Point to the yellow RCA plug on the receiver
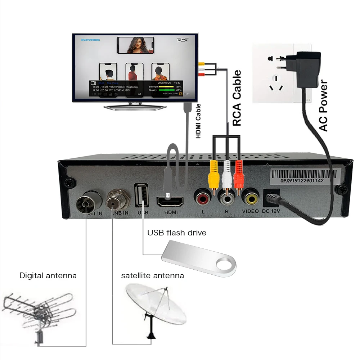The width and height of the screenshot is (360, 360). point(213,175)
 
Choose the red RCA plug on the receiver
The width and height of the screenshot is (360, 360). point(239,175)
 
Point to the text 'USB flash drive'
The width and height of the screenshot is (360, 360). point(176,233)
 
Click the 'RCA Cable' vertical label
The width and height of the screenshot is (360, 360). point(237,98)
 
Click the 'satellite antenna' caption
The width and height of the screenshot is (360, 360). point(152,276)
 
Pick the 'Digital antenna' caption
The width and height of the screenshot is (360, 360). point(48,276)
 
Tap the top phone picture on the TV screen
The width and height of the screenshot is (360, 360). point(135,45)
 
